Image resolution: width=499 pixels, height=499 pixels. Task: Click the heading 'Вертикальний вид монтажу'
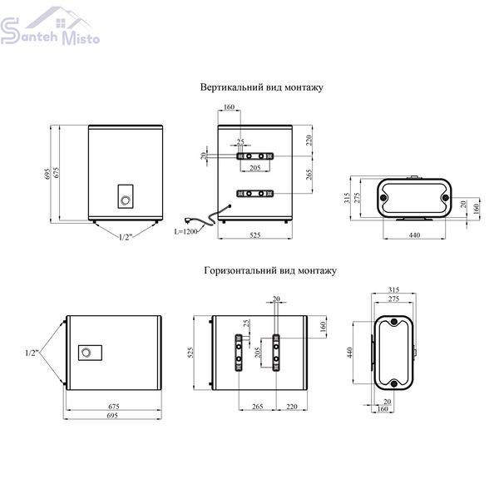pos(262,87)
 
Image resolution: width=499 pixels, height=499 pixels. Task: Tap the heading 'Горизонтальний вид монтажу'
pos(270,270)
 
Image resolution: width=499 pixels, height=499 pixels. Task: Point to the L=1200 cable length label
pos(185,231)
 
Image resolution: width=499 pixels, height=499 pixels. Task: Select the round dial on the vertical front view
pos(126,200)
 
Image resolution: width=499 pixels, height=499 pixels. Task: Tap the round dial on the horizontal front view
pos(86,353)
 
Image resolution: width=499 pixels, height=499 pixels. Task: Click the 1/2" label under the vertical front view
pos(126,237)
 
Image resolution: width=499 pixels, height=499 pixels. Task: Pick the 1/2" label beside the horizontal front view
pos(32,353)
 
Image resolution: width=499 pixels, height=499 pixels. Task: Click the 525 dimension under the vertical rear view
pos(255,235)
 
